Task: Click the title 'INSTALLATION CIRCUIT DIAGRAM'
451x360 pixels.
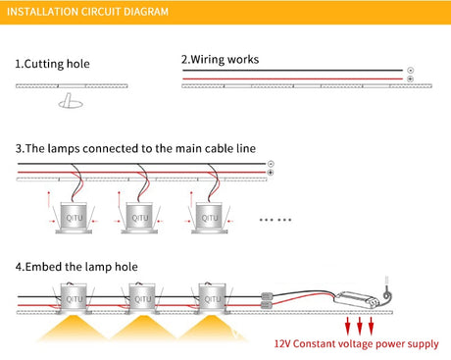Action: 87,12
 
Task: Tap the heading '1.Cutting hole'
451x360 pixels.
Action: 52,64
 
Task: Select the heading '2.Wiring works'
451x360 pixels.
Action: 220,60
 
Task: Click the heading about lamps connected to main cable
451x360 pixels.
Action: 135,148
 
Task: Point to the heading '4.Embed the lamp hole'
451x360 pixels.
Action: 76,267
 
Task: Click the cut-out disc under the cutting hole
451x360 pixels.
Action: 71,104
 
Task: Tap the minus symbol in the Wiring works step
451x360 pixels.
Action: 411,71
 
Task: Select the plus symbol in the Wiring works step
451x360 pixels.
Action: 411,79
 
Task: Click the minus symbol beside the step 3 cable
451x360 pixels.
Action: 271,164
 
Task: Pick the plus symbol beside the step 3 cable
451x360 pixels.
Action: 271,173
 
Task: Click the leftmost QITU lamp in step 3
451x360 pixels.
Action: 74,218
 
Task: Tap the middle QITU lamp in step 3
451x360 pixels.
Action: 139,218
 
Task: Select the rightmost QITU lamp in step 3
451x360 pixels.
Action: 210,218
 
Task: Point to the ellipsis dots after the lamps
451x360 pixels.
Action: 276,220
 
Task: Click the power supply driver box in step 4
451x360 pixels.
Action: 357,299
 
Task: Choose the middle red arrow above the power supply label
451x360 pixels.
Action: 360,326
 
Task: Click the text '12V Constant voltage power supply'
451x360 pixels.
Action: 356,344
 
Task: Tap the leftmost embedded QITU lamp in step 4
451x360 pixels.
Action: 74,298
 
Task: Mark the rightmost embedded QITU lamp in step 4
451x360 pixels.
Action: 212,298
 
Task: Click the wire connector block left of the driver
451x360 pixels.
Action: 267,301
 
